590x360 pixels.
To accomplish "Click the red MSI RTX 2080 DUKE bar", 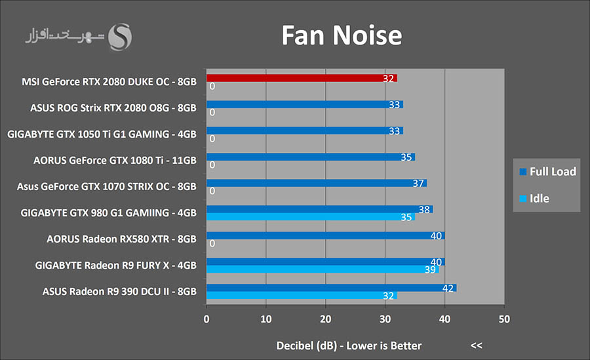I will point(302,78).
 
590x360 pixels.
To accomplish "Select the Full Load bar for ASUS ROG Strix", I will point(304,104).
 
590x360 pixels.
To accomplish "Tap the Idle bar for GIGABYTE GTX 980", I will point(311,216).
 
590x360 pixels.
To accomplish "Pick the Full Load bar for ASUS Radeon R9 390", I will point(331,288).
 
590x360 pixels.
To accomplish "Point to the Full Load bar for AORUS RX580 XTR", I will point(325,235).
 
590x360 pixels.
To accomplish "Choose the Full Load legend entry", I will point(547,172).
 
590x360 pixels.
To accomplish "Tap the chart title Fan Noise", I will point(341,35).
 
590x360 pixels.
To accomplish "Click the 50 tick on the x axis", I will point(504,319).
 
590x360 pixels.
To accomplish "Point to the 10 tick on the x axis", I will point(266,319).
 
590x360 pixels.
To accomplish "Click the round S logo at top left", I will point(120,37).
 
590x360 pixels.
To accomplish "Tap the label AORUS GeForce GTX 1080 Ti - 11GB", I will point(115,160).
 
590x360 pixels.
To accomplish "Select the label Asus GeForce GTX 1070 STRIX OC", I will point(106,186).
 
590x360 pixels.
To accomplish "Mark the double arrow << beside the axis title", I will point(476,346).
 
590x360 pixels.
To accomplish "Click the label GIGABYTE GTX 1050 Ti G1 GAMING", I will point(102,134).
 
